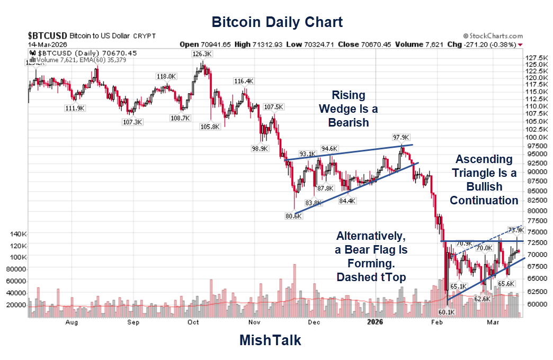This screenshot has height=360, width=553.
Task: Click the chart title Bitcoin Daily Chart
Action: pos(276,22)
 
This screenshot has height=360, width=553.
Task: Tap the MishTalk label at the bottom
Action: pos(270,340)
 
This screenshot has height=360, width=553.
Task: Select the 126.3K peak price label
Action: pos(202,54)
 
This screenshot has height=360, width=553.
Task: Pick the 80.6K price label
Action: pos(293,216)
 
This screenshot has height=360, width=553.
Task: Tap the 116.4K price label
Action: pos(244,81)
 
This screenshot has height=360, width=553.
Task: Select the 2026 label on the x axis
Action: pos(375,322)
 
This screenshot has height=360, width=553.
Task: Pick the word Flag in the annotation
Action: pos(386,249)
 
